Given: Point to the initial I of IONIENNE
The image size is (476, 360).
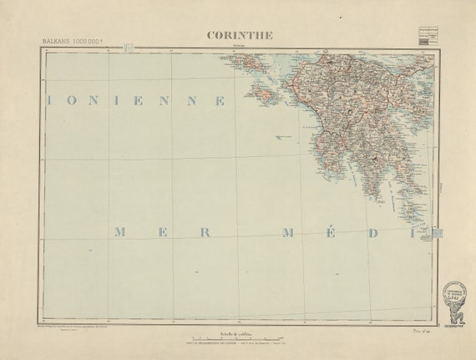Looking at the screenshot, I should [51, 100].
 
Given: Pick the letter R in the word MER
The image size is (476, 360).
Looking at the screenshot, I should [205, 232].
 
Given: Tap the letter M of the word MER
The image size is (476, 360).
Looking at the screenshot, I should [119, 232].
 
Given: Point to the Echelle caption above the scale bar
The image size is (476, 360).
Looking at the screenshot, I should [237, 333].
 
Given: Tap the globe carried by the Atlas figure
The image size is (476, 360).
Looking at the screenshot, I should [454, 290].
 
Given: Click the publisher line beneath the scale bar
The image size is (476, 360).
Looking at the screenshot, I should [237, 346].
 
